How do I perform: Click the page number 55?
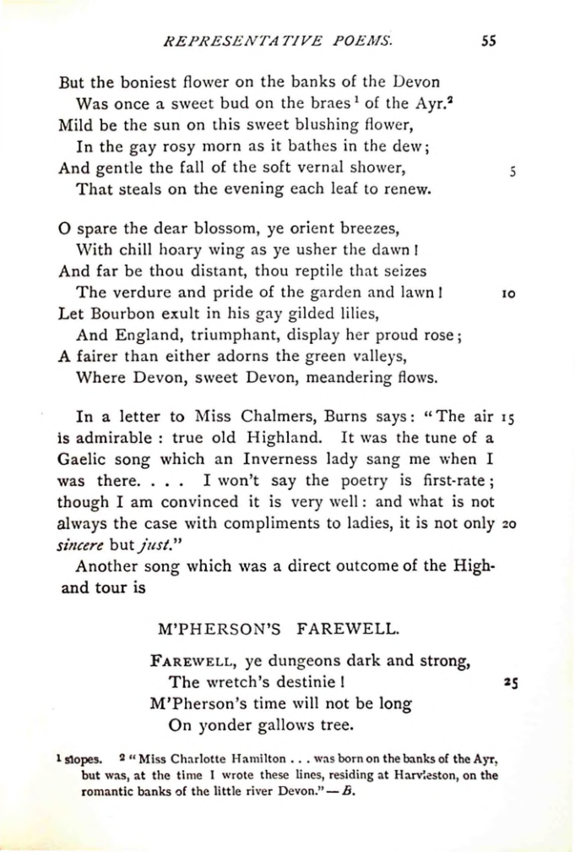(487, 40)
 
